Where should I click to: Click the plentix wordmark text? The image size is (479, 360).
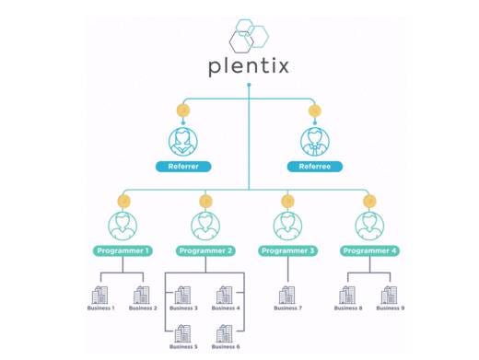[x=249, y=66]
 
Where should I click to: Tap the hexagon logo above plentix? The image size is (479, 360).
[x=249, y=36]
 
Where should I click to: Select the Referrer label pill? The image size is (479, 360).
[x=183, y=167]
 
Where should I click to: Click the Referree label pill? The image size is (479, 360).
[x=315, y=167]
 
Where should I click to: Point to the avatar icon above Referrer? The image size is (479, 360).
[x=183, y=142]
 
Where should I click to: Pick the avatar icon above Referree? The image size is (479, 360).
[x=315, y=142]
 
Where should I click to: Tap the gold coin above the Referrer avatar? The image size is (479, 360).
[x=183, y=110]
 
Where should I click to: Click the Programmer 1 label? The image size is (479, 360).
[x=123, y=250]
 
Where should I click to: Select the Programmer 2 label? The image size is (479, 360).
[x=205, y=250]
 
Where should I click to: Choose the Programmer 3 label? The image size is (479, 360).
[x=287, y=250]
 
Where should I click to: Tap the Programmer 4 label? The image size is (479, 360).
[x=369, y=250]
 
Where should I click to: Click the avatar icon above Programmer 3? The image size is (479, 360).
[x=287, y=226]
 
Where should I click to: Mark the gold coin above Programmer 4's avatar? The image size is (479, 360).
[x=369, y=202]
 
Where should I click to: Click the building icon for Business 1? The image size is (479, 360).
[x=100, y=295]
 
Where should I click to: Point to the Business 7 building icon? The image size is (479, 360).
[x=287, y=295]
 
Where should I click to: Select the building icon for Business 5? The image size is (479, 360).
[x=182, y=333]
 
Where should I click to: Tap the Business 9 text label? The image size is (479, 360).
[x=391, y=308]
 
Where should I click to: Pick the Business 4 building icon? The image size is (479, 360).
[x=225, y=295]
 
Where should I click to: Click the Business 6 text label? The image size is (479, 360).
[x=226, y=346]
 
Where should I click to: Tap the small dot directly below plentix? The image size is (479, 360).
[x=249, y=85]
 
